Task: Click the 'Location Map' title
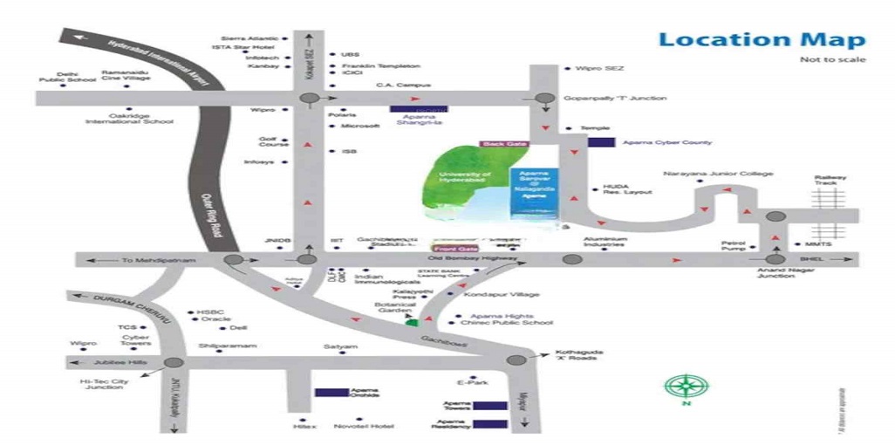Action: [x=762, y=39]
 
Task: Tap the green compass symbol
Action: [x=687, y=386]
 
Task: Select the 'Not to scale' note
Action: [x=833, y=59]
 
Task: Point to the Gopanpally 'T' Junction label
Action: [x=615, y=99]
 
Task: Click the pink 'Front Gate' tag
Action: [x=453, y=249]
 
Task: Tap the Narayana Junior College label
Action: [x=718, y=174]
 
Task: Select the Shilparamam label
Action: [x=228, y=346]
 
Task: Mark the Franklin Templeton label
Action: [x=380, y=65]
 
